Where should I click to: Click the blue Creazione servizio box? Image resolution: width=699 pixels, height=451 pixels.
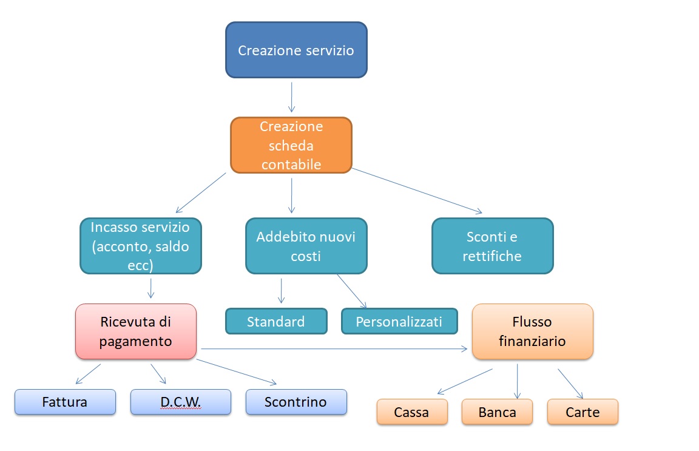(297, 50)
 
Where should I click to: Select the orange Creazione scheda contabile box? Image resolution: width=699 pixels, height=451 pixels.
(291, 145)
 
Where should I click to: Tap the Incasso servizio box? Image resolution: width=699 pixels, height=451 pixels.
(141, 246)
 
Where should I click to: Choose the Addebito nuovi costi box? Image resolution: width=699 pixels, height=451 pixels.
(306, 246)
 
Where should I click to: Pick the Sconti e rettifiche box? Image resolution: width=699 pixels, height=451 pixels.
(493, 246)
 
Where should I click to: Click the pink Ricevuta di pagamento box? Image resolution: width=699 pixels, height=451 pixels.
(136, 331)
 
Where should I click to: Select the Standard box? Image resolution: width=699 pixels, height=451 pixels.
(277, 321)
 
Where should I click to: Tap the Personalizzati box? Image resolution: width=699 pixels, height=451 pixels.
(399, 321)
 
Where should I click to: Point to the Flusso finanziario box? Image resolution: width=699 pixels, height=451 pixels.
(533, 331)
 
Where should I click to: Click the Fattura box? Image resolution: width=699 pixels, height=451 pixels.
(65, 402)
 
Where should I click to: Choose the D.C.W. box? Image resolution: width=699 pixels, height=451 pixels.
(181, 402)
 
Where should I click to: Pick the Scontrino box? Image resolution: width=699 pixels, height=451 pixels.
(296, 402)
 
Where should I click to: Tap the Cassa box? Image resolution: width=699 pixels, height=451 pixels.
(413, 412)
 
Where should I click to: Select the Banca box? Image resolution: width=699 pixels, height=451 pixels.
(497, 412)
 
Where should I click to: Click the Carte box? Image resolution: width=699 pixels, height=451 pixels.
(582, 412)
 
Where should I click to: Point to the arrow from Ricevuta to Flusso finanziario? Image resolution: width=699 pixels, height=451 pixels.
(334, 349)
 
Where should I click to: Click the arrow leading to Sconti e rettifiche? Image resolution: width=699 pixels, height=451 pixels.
(417, 191)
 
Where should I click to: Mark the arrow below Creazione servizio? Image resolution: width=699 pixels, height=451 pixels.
(291, 97)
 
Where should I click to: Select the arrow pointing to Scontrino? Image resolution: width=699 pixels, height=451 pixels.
(237, 371)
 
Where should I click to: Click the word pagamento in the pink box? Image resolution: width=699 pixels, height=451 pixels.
(135, 342)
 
